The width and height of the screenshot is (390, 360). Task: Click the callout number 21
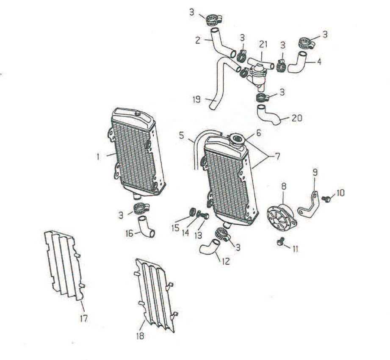263,44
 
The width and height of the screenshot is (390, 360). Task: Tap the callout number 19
196,100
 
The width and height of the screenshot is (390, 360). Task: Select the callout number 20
297,118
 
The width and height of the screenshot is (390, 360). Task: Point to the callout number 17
84,318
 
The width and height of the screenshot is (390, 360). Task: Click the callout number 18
140,336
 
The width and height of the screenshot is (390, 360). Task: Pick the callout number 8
284,186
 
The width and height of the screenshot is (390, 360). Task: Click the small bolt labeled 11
281,242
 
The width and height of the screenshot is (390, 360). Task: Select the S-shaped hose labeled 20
268,114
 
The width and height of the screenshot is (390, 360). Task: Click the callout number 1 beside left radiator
98,157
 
